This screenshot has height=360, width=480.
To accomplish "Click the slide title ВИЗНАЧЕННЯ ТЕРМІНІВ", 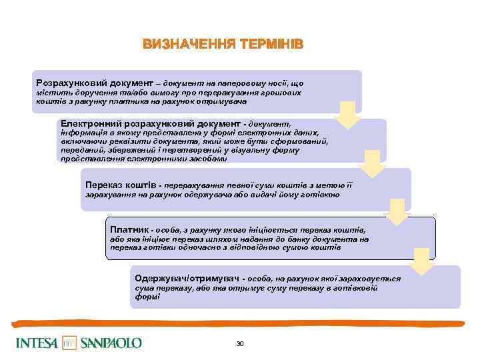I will pyautogui.click(x=223, y=45).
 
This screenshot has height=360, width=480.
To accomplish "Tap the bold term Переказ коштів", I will pyautogui.click(x=118, y=185).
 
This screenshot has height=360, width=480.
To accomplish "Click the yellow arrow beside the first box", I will pyautogui.click(x=349, y=114).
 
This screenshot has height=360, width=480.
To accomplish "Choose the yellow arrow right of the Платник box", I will pyautogui.click(x=423, y=261).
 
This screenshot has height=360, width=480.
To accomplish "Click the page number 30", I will pyautogui.click(x=240, y=343).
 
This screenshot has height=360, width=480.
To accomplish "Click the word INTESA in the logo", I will pyautogui.click(x=37, y=343).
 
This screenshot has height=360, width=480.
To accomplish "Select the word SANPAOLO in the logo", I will pyautogui.click(x=111, y=343).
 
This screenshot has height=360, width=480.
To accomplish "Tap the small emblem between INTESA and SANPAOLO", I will pyautogui.click(x=70, y=343).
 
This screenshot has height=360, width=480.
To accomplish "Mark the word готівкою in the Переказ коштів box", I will pyautogui.click(x=322, y=195).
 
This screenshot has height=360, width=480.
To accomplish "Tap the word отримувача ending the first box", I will pyautogui.click(x=225, y=102).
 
